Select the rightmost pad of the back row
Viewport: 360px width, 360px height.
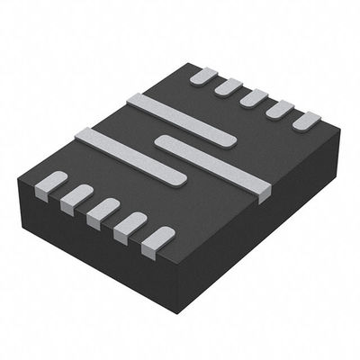[x=307, y=120]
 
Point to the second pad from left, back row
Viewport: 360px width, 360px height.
[x=229, y=86]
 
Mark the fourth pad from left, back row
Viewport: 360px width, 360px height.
[x=280, y=108]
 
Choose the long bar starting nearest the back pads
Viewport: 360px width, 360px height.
[x=180, y=118]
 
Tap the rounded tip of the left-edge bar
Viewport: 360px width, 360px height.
[x=179, y=177]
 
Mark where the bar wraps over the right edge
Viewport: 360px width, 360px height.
[x=262, y=191]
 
